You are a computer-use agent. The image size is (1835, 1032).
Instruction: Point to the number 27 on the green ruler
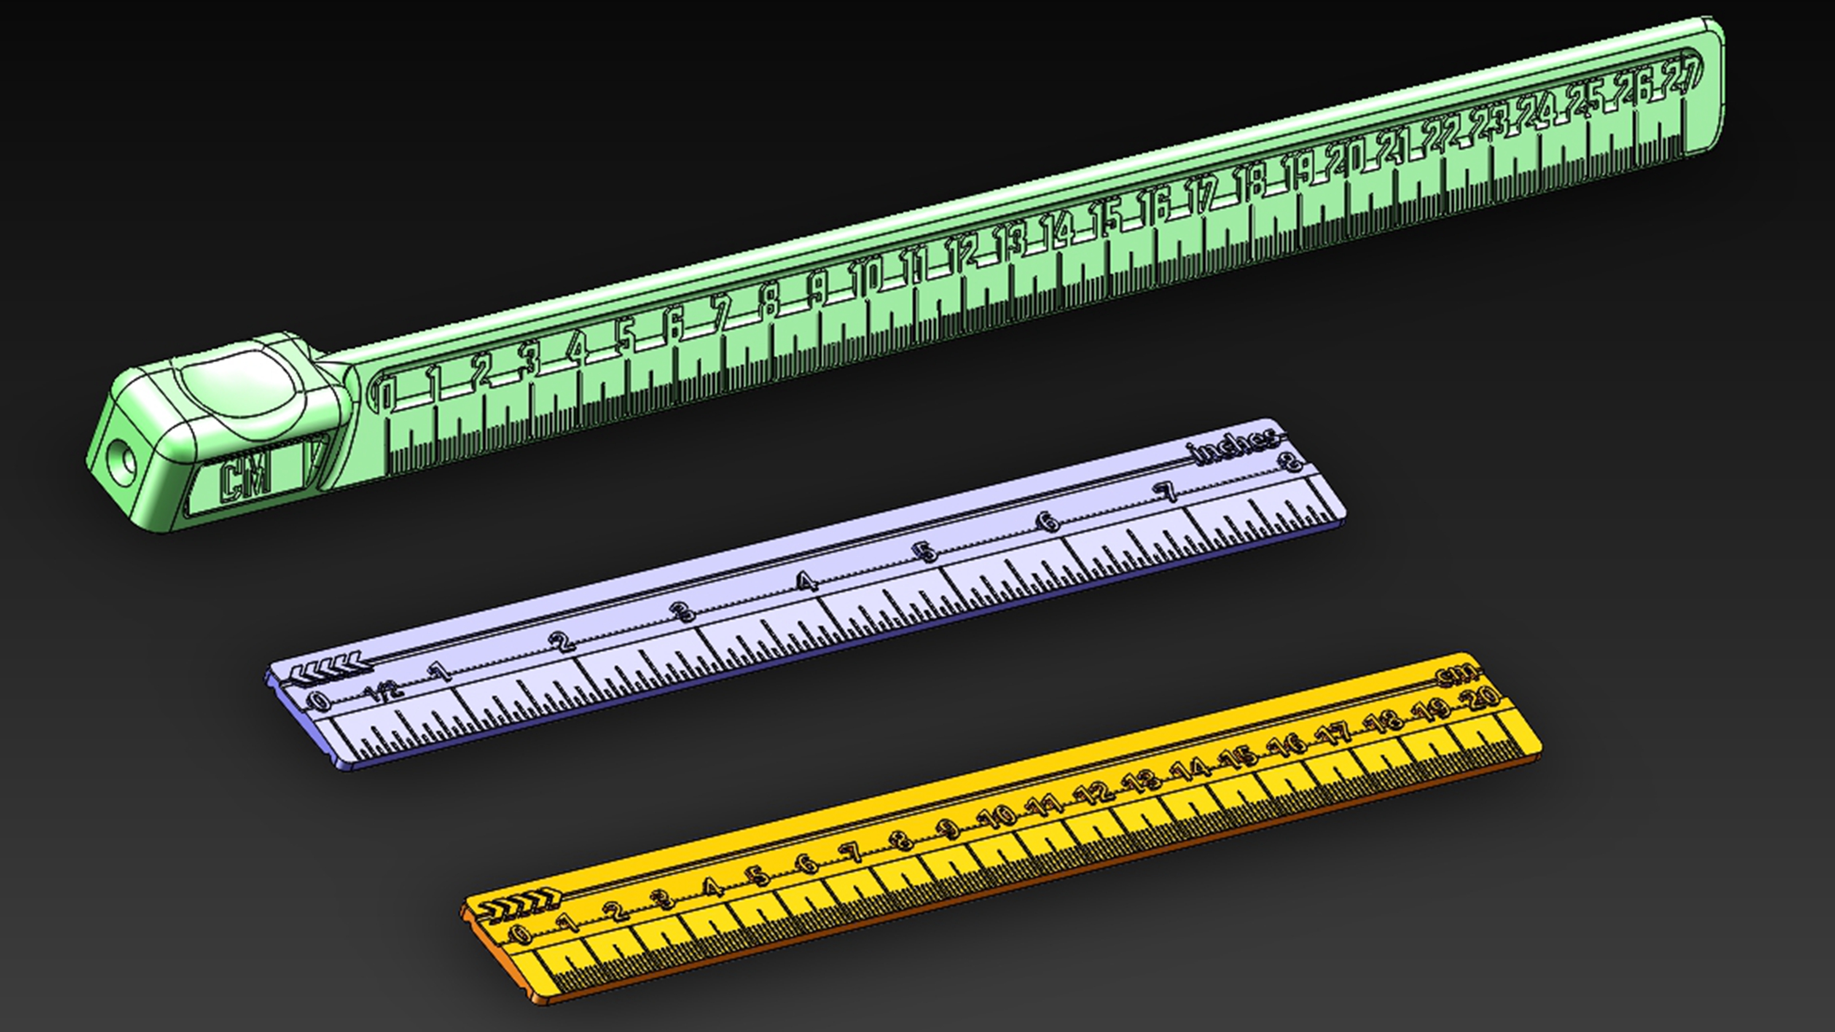[x=1682, y=73]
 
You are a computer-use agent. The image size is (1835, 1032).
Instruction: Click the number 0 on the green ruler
[x=384, y=394]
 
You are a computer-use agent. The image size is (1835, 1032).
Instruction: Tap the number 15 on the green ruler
[x=1109, y=217]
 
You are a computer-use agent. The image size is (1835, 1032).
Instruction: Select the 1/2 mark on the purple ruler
[x=385, y=691]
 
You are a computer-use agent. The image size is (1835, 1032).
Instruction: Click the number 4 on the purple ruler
[x=806, y=583]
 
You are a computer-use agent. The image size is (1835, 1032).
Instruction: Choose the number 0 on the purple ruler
[x=320, y=702]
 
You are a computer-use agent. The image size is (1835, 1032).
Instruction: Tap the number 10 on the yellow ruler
[x=1001, y=816]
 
